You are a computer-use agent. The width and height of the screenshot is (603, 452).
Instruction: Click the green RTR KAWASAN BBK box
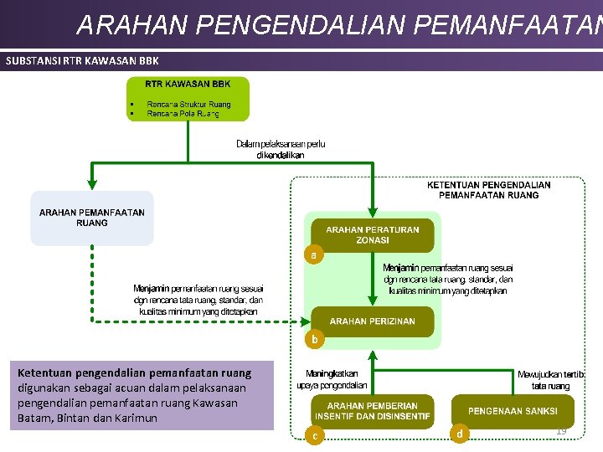[x=188, y=98]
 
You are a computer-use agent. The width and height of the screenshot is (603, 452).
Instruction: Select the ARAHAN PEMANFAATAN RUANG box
[x=92, y=218]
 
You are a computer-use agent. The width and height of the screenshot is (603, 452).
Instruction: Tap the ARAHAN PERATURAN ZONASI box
[x=373, y=234]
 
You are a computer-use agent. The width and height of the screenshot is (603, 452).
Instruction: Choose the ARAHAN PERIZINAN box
[x=373, y=321]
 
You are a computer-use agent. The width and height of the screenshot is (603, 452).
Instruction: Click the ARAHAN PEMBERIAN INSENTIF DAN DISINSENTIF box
[x=373, y=411]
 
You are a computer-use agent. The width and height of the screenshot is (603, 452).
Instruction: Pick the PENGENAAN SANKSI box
[x=513, y=411]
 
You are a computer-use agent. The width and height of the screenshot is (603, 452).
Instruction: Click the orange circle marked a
[x=313, y=254]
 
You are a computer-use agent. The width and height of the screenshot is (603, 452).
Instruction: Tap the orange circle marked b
[x=314, y=339]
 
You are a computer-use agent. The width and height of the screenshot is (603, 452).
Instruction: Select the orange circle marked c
[x=314, y=434]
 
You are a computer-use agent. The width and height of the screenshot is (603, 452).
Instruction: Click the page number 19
[x=561, y=430]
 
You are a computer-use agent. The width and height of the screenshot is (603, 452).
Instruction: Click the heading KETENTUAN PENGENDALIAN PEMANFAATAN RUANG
[x=489, y=190]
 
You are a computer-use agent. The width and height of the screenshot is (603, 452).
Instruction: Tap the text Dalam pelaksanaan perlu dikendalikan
[x=281, y=149]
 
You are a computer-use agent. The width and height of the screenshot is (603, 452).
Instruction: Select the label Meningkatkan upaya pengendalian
[x=332, y=379]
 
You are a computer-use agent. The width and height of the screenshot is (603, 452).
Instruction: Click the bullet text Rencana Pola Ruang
[x=188, y=113]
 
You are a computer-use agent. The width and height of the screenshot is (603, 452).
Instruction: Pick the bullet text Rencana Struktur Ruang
[x=188, y=104]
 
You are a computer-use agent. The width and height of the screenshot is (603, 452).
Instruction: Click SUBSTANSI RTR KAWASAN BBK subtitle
[x=82, y=60]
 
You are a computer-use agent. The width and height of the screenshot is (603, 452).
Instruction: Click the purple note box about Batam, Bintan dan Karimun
[x=141, y=394]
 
